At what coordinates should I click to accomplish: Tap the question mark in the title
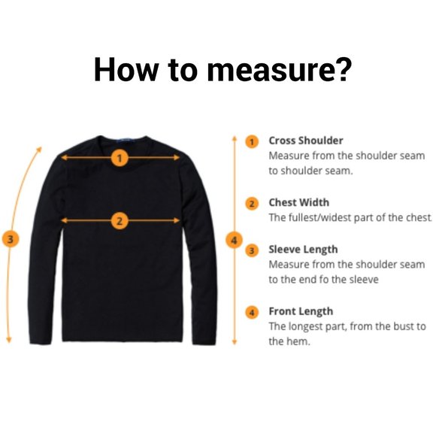point(342,68)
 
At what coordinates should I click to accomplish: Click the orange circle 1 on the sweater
point(120,158)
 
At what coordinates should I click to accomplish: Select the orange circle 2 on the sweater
point(120,221)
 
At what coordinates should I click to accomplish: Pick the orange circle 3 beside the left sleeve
point(11,239)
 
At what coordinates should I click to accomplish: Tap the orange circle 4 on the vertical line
point(234,240)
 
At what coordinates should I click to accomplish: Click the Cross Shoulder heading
point(306,141)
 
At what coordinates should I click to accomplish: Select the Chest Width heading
point(299,202)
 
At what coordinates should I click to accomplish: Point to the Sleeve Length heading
point(303,250)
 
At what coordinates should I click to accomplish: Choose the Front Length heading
point(301,312)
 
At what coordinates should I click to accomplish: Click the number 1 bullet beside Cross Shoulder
point(252,142)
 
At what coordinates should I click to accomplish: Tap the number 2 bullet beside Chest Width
point(252,204)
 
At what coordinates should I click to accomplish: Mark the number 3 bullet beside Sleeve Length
point(252,250)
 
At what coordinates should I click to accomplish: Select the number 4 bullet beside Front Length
point(252,313)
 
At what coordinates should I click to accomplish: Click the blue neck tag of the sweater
point(125,140)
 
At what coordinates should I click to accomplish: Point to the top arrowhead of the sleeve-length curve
point(39,150)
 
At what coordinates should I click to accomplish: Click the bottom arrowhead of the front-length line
point(234,342)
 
